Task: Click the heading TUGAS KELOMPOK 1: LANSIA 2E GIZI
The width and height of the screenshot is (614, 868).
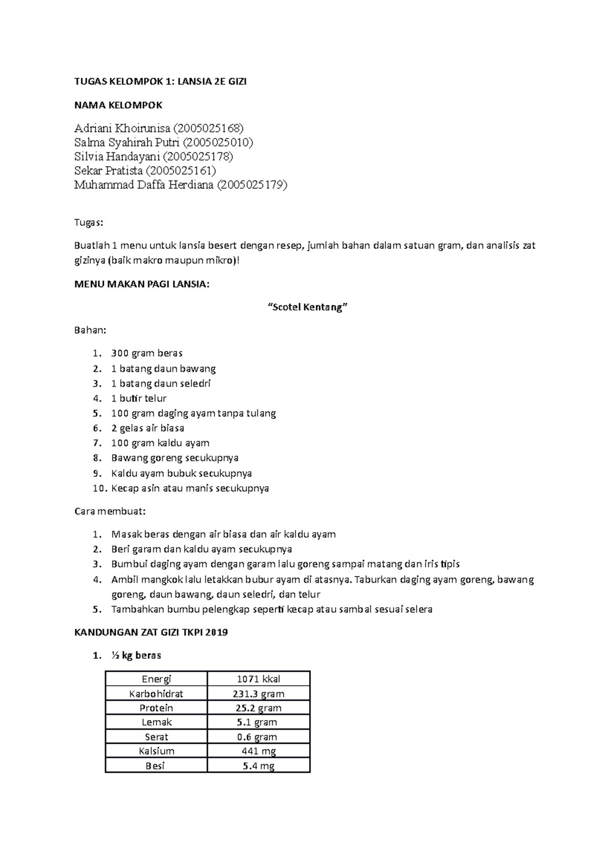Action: (x=160, y=82)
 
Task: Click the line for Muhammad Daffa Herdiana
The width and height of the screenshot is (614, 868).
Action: (x=180, y=185)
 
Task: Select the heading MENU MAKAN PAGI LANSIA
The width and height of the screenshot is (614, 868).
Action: (x=142, y=285)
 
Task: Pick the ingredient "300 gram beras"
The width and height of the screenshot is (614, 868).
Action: (x=146, y=353)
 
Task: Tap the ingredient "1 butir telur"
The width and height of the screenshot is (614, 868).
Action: (x=138, y=398)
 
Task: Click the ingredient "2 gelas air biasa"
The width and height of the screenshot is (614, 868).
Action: (x=147, y=428)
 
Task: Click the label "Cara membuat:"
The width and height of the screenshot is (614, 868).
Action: (x=110, y=511)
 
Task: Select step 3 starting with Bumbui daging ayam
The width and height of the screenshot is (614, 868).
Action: (x=285, y=564)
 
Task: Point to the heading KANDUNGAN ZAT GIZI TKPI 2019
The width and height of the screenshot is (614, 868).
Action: (x=151, y=632)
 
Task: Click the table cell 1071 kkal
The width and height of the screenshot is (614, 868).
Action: (x=258, y=679)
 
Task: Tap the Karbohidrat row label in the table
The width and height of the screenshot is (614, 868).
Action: (x=156, y=694)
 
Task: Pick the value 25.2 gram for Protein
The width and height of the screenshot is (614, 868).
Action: (x=258, y=708)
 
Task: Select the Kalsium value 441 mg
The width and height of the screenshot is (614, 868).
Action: (x=258, y=751)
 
